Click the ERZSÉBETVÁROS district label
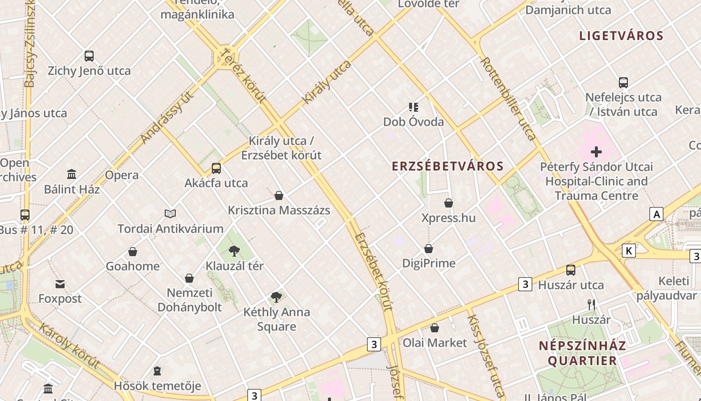point(448,166)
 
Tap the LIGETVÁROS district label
point(621,36)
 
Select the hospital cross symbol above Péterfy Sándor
point(596,151)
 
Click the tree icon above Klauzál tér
point(234,251)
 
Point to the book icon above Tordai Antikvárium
point(170,214)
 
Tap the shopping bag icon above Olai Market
point(435,328)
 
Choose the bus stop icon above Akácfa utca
point(216,168)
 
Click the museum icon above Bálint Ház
point(72,174)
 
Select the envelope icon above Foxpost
point(60,284)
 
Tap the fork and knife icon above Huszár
point(591,304)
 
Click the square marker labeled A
point(656,214)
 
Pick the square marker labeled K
point(629,250)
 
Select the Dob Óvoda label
point(413,122)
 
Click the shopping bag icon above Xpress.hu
point(449,203)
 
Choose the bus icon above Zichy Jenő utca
point(89,56)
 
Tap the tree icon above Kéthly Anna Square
point(276,297)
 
